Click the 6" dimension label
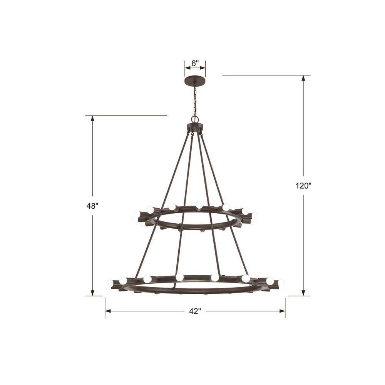pyautogui.click(x=195, y=62)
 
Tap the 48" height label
pyautogui.click(x=92, y=206)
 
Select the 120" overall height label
pyautogui.click(x=303, y=186)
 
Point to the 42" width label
pyautogui.click(x=195, y=311)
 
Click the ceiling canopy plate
pyautogui.click(x=195, y=80)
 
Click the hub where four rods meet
pyautogui.click(x=195, y=127)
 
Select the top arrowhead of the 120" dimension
pyautogui.click(x=303, y=78)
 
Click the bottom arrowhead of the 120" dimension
pyautogui.click(x=303, y=293)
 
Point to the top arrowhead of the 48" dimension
pyautogui.click(x=92, y=118)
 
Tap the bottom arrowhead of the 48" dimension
pyautogui.click(x=92, y=293)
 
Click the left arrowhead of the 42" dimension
pyautogui.click(x=108, y=311)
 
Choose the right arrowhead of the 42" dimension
pyautogui.click(x=282, y=311)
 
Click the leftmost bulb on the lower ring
pyautogui.click(x=110, y=285)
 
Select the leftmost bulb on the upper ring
pyautogui.click(x=136, y=214)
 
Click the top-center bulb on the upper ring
pyautogui.click(x=199, y=205)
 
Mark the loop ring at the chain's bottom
pyautogui.click(x=195, y=119)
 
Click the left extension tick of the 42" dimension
pyautogui.click(x=105, y=308)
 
